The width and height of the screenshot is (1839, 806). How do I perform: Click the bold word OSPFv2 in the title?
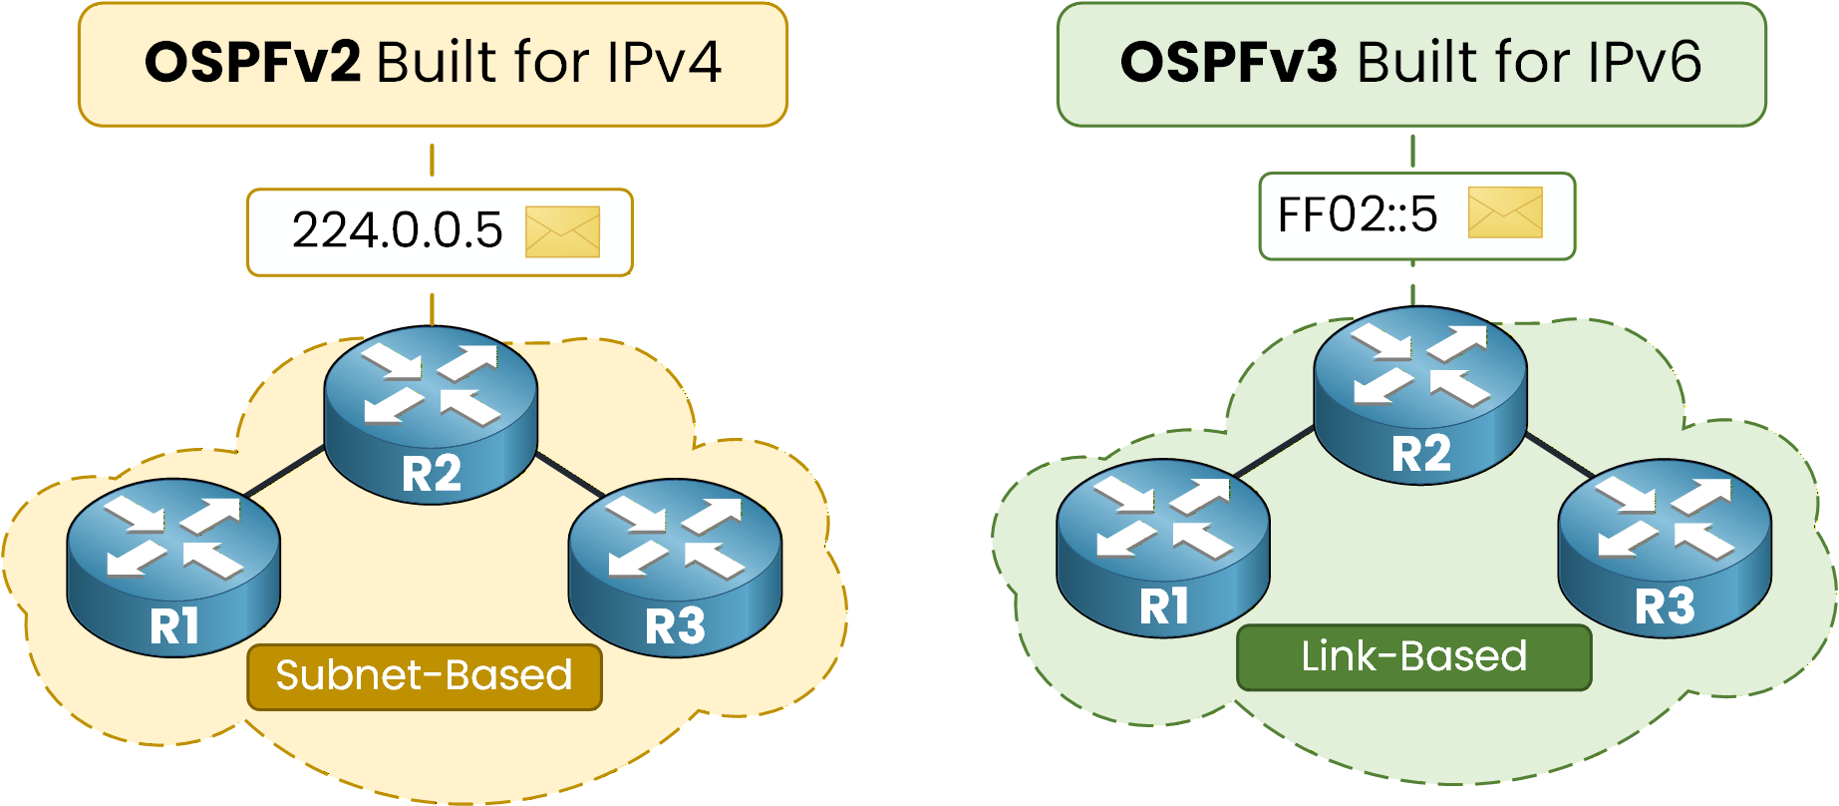tap(252, 63)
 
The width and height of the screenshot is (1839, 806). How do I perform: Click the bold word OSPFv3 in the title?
tap(1228, 63)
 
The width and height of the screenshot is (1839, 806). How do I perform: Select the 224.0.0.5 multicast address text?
tap(397, 230)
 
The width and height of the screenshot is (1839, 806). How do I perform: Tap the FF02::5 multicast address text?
tap(1358, 214)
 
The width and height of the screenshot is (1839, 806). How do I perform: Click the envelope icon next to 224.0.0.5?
tap(562, 231)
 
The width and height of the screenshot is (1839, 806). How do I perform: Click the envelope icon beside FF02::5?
tap(1505, 213)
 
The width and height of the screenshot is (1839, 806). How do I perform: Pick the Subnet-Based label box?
tap(425, 676)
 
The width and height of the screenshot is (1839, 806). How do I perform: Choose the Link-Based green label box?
tap(1413, 657)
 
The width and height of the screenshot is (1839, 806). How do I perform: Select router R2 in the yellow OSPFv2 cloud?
tap(431, 414)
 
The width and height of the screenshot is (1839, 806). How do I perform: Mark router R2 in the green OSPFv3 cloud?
tap(1420, 395)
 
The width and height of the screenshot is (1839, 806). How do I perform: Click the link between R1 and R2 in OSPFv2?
tap(285, 471)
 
